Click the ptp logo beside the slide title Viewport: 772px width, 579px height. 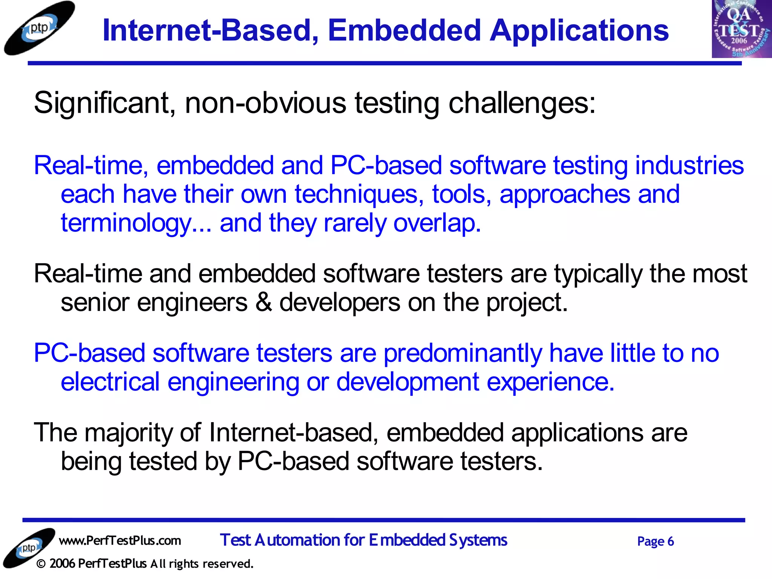click(39, 28)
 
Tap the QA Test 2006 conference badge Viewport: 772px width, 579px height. click(741, 29)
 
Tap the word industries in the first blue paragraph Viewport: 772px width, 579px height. click(689, 165)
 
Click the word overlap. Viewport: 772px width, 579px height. click(437, 223)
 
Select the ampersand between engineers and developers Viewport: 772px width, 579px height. click(263, 302)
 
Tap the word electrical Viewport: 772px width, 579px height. click(110, 382)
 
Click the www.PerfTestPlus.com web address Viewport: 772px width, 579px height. click(120, 541)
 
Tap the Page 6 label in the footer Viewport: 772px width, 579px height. click(656, 541)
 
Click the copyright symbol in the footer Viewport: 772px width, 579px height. click(41, 564)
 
